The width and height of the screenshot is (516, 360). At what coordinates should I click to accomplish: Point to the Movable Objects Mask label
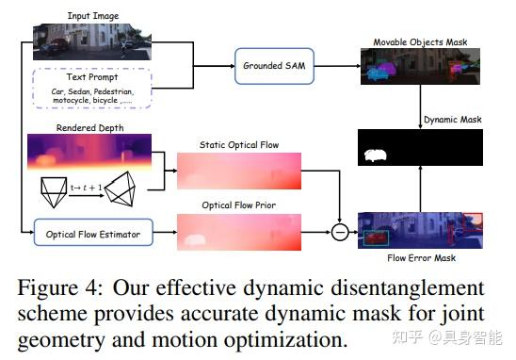[x=420, y=41]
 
